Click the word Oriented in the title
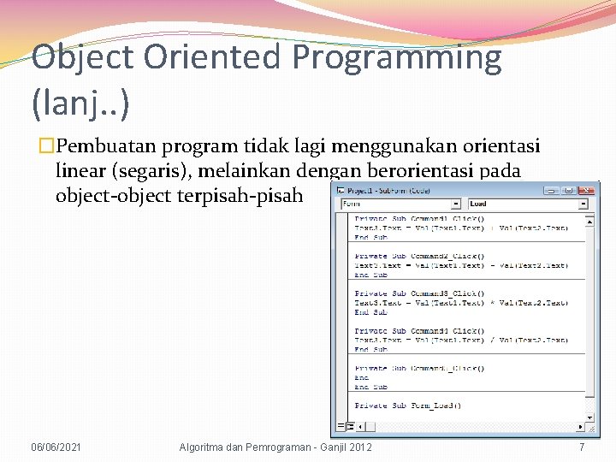tap(210, 57)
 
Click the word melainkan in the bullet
tap(258, 171)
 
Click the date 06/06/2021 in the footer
tap(57, 447)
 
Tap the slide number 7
tap(582, 447)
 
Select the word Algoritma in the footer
tap(205, 447)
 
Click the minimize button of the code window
tap(554, 190)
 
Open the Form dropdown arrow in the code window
tap(456, 204)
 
